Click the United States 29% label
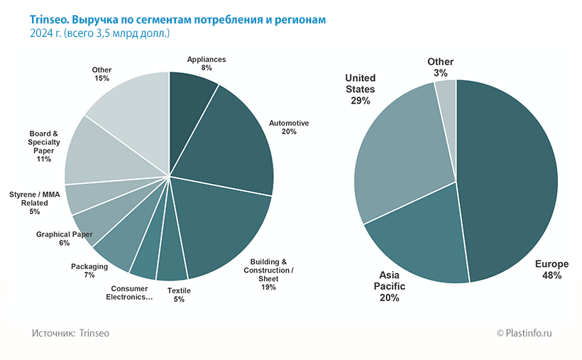click(x=360, y=89)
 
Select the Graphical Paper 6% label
click(x=64, y=239)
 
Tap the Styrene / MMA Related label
click(x=35, y=202)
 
